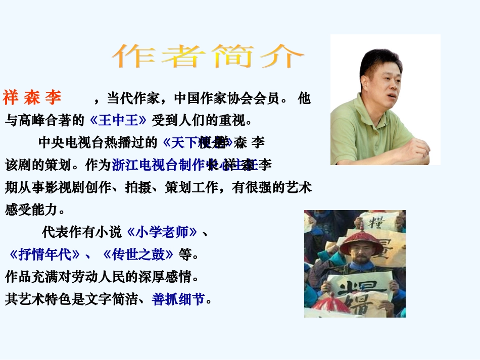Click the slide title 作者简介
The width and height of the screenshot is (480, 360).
[x=208, y=56]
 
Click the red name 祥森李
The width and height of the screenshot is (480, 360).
[x=32, y=97]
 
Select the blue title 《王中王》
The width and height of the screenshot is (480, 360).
[x=118, y=120]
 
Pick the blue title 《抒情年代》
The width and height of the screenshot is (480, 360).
[x=44, y=254]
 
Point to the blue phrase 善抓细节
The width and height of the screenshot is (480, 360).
[x=178, y=299]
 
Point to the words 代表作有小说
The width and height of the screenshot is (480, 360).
[x=82, y=232]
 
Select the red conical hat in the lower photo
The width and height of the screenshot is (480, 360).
[x=361, y=241]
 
